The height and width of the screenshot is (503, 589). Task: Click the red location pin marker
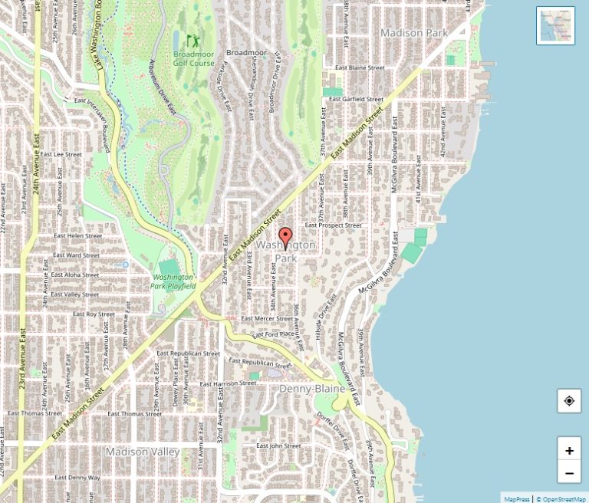click(x=286, y=238)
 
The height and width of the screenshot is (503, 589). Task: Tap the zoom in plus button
click(x=569, y=450)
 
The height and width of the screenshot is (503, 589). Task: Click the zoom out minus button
click(x=569, y=472)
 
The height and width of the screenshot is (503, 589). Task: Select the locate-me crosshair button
click(x=569, y=400)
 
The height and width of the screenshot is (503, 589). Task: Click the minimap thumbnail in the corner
click(x=556, y=25)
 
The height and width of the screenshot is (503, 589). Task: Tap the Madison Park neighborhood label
click(x=414, y=33)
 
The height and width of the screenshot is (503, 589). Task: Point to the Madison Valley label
click(x=143, y=452)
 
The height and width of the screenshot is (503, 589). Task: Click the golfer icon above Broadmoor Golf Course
click(x=192, y=38)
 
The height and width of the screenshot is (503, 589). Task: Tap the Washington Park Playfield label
click(x=174, y=281)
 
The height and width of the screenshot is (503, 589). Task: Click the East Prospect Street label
click(x=333, y=225)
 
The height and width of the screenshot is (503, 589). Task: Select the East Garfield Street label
click(x=355, y=99)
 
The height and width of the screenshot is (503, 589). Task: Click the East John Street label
click(x=278, y=445)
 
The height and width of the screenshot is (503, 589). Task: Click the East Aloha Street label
click(x=74, y=275)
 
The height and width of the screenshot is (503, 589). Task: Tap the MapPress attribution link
click(x=516, y=498)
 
